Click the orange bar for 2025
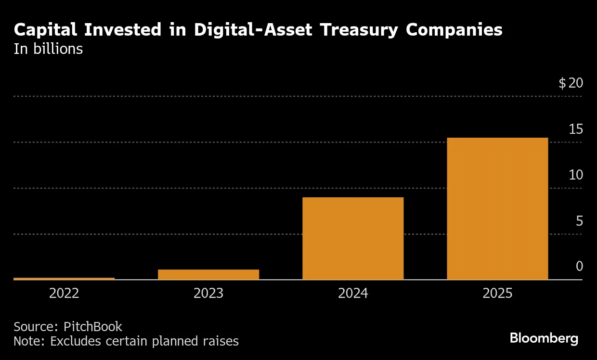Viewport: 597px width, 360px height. coord(497,208)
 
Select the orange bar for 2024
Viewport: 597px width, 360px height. coord(353,238)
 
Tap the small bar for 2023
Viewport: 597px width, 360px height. coord(208,274)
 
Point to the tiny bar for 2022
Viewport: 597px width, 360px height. coord(64,278)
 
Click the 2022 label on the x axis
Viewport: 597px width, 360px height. coord(64,293)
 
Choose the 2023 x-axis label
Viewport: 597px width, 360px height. coord(208,293)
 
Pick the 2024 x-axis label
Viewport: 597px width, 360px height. coord(353,293)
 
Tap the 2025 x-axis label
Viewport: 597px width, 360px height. coord(497,293)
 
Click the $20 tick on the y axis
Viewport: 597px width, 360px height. coord(571,83)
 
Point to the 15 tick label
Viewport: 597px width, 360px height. coord(576,129)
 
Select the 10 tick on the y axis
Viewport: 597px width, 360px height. coord(576,175)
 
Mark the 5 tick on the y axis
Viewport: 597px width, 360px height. coord(579,221)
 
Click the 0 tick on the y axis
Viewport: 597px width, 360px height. coord(579,266)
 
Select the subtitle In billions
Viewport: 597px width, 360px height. coord(48,49)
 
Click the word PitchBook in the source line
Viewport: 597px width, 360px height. coord(93,327)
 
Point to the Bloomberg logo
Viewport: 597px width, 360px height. coord(544,338)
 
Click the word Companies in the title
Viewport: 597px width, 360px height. coord(454,30)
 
